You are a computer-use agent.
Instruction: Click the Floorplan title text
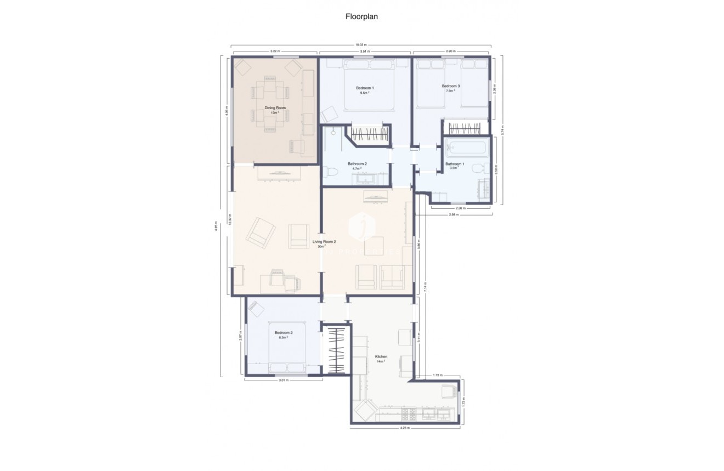point(361,16)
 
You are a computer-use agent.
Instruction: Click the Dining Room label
point(275,108)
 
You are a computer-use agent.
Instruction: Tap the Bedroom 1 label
point(365,88)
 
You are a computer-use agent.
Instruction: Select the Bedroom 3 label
point(451,86)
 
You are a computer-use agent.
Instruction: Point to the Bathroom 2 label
point(357,164)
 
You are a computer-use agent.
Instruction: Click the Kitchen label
point(381,357)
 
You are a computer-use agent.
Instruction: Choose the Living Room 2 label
point(324,241)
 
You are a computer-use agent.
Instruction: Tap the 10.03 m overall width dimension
point(360,44)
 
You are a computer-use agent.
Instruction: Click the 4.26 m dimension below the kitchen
point(404,428)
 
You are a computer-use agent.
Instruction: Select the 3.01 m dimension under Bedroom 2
point(283,379)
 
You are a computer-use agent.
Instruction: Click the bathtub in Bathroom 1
point(466,148)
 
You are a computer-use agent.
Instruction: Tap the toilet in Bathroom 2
point(330,172)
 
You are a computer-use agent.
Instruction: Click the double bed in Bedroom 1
point(369,88)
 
